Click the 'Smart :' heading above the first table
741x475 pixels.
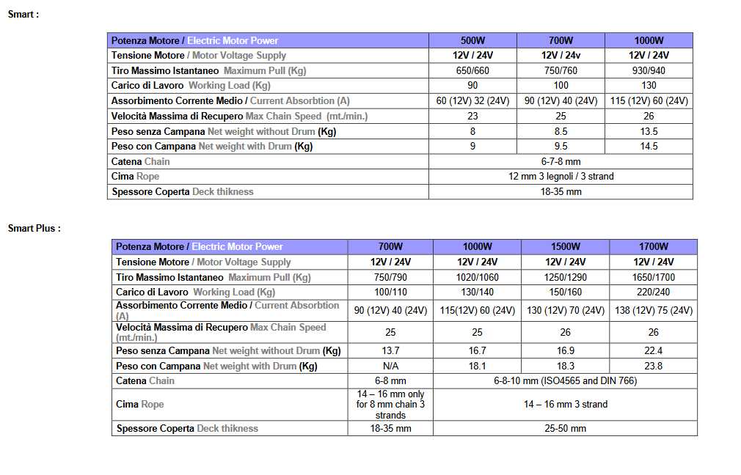(23, 14)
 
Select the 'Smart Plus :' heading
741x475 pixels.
(34, 228)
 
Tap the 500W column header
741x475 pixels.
(472, 40)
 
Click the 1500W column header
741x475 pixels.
(565, 246)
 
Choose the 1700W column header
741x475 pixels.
(653, 246)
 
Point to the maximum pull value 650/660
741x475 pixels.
(472, 70)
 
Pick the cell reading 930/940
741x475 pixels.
(649, 70)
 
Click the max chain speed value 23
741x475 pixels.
(472, 116)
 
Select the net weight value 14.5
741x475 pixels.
(649, 146)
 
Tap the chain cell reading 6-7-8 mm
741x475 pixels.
(561, 161)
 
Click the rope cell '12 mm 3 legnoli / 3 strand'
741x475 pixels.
(561, 176)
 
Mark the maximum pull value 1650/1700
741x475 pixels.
(653, 277)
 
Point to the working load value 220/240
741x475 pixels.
(653, 292)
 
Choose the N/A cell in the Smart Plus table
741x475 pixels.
(390, 366)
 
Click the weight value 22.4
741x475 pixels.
(653, 351)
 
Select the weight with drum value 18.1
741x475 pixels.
(477, 366)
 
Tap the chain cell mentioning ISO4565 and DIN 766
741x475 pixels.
(565, 380)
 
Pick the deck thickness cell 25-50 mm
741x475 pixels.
(565, 428)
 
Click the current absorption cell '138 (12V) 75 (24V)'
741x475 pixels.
(653, 310)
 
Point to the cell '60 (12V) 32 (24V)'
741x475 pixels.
(472, 100)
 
